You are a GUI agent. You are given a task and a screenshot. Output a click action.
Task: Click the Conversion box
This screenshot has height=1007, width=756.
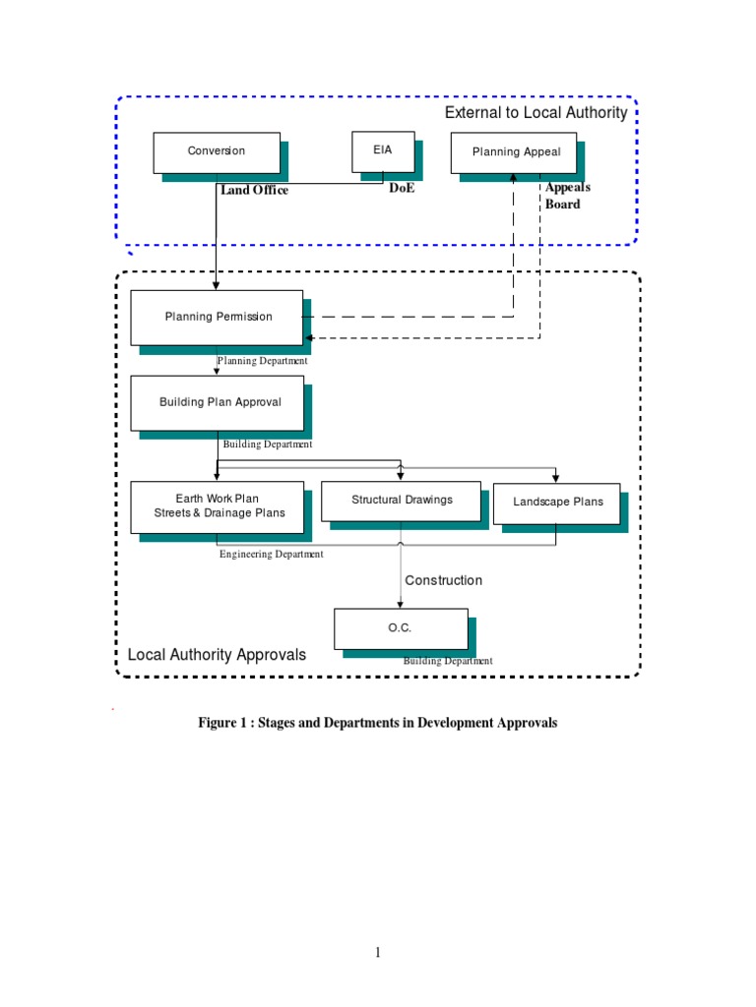click(x=217, y=151)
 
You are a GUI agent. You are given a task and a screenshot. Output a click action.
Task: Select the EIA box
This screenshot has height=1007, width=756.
click(x=383, y=150)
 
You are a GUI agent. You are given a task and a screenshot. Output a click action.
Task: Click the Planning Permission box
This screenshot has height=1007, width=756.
click(x=218, y=317)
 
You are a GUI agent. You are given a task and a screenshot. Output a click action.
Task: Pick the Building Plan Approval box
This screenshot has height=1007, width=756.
click(x=218, y=402)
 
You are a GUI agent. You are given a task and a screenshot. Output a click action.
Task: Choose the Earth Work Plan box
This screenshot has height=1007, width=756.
click(x=218, y=506)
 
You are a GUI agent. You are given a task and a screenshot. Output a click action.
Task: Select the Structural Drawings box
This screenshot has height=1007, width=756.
click(x=401, y=501)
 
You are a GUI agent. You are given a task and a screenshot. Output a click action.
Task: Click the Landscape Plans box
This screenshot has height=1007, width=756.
click(x=556, y=503)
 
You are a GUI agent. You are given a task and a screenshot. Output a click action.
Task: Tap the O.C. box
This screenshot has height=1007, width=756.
click(x=401, y=628)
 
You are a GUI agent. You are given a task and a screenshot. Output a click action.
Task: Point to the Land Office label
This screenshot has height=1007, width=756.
click(x=254, y=191)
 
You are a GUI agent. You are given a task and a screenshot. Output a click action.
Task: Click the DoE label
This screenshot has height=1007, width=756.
click(x=402, y=189)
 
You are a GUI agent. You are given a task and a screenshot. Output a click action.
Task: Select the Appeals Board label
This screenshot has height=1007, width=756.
click(x=567, y=196)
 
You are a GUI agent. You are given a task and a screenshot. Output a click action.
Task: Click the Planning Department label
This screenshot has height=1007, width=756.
click(x=263, y=361)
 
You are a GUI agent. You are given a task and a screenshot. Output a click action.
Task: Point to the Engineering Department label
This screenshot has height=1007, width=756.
click(x=271, y=555)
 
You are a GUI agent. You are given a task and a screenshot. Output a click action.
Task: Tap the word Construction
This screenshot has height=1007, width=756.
click(x=444, y=580)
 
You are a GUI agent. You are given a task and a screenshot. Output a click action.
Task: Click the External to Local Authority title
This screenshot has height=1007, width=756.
click(x=535, y=113)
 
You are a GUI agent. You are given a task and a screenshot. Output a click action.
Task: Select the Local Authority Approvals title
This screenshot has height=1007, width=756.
click(x=217, y=655)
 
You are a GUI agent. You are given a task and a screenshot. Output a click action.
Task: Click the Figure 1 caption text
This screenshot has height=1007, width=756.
click(x=378, y=723)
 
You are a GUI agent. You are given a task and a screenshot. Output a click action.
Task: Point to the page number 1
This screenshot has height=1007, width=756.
click(x=377, y=952)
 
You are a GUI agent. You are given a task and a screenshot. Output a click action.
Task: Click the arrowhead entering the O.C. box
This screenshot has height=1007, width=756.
click(x=401, y=604)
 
